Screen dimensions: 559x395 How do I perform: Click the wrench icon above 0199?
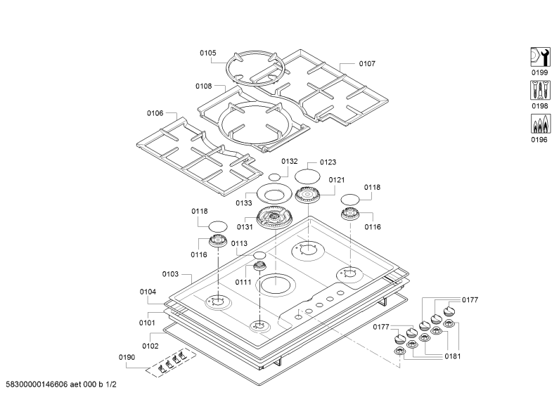(x=540, y=57)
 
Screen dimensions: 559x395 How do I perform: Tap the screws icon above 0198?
(x=540, y=90)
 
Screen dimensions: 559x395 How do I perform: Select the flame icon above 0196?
(x=540, y=124)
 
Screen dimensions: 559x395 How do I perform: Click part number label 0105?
(x=208, y=53)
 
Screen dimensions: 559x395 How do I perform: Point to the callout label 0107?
(x=367, y=63)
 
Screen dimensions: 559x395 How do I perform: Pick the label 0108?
(x=204, y=86)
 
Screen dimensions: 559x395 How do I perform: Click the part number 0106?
(x=155, y=113)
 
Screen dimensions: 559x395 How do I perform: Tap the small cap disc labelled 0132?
(x=274, y=177)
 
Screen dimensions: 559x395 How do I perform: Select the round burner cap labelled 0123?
(x=307, y=176)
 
